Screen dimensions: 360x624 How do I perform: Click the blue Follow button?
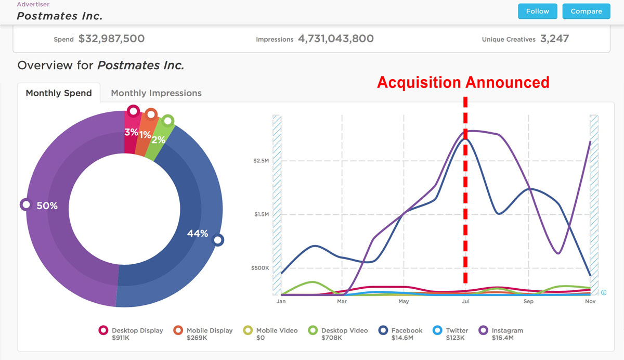[537, 11]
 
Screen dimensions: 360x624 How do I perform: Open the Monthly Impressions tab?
[156, 93]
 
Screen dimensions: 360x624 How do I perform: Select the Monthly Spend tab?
[59, 93]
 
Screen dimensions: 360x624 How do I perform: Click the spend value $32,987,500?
[111, 38]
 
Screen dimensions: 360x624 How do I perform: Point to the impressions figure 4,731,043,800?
[335, 38]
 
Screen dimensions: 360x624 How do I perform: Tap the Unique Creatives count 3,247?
[554, 38]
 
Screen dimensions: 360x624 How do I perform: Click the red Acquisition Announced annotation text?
[463, 82]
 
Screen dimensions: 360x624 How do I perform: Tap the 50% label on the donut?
[47, 206]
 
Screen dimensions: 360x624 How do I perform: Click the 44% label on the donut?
[198, 234]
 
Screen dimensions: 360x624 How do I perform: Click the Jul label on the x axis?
[465, 301]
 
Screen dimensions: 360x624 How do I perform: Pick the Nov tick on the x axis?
[590, 301]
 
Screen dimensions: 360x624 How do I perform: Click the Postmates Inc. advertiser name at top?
[59, 16]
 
